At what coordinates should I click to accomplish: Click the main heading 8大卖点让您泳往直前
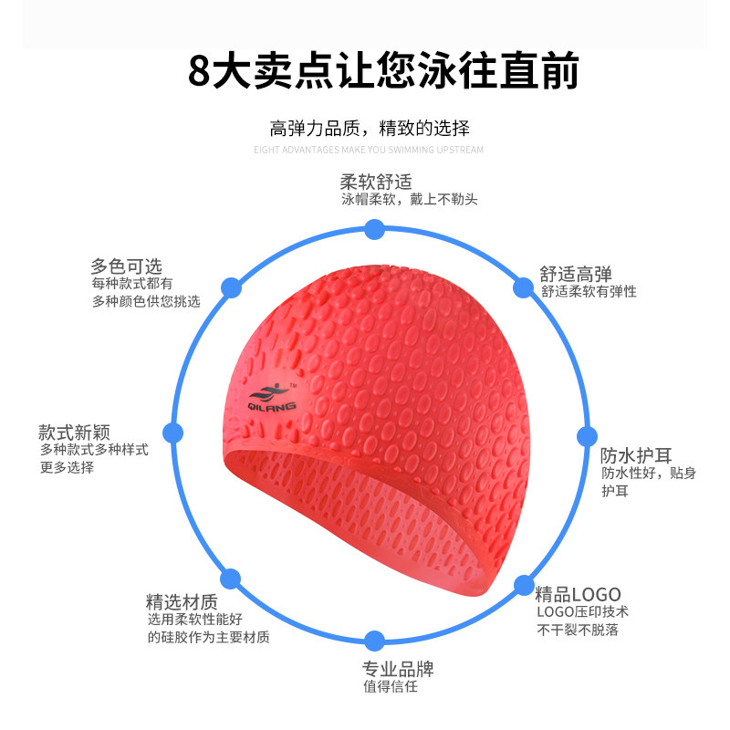(x=383, y=71)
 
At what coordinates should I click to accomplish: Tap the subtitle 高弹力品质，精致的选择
(x=370, y=128)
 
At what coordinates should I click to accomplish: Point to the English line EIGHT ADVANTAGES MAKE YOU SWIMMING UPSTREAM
(x=369, y=150)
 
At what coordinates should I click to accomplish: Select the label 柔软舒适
(x=370, y=181)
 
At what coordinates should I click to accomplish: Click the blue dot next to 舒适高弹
(x=522, y=288)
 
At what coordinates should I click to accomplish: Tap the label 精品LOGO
(x=578, y=592)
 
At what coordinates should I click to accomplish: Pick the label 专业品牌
(x=398, y=669)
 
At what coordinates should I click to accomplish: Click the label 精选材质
(x=182, y=602)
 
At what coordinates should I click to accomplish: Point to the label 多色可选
(x=126, y=266)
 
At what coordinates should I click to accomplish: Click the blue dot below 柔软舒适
(x=373, y=229)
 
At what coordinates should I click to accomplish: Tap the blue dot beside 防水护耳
(x=585, y=436)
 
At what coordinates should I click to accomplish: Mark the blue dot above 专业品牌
(x=373, y=639)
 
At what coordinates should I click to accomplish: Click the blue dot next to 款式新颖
(x=170, y=432)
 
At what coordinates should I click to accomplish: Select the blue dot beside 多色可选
(x=232, y=287)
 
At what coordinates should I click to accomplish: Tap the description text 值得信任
(x=390, y=687)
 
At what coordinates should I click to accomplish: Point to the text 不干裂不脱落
(x=578, y=630)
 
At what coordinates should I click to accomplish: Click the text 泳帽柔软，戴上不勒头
(x=410, y=199)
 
